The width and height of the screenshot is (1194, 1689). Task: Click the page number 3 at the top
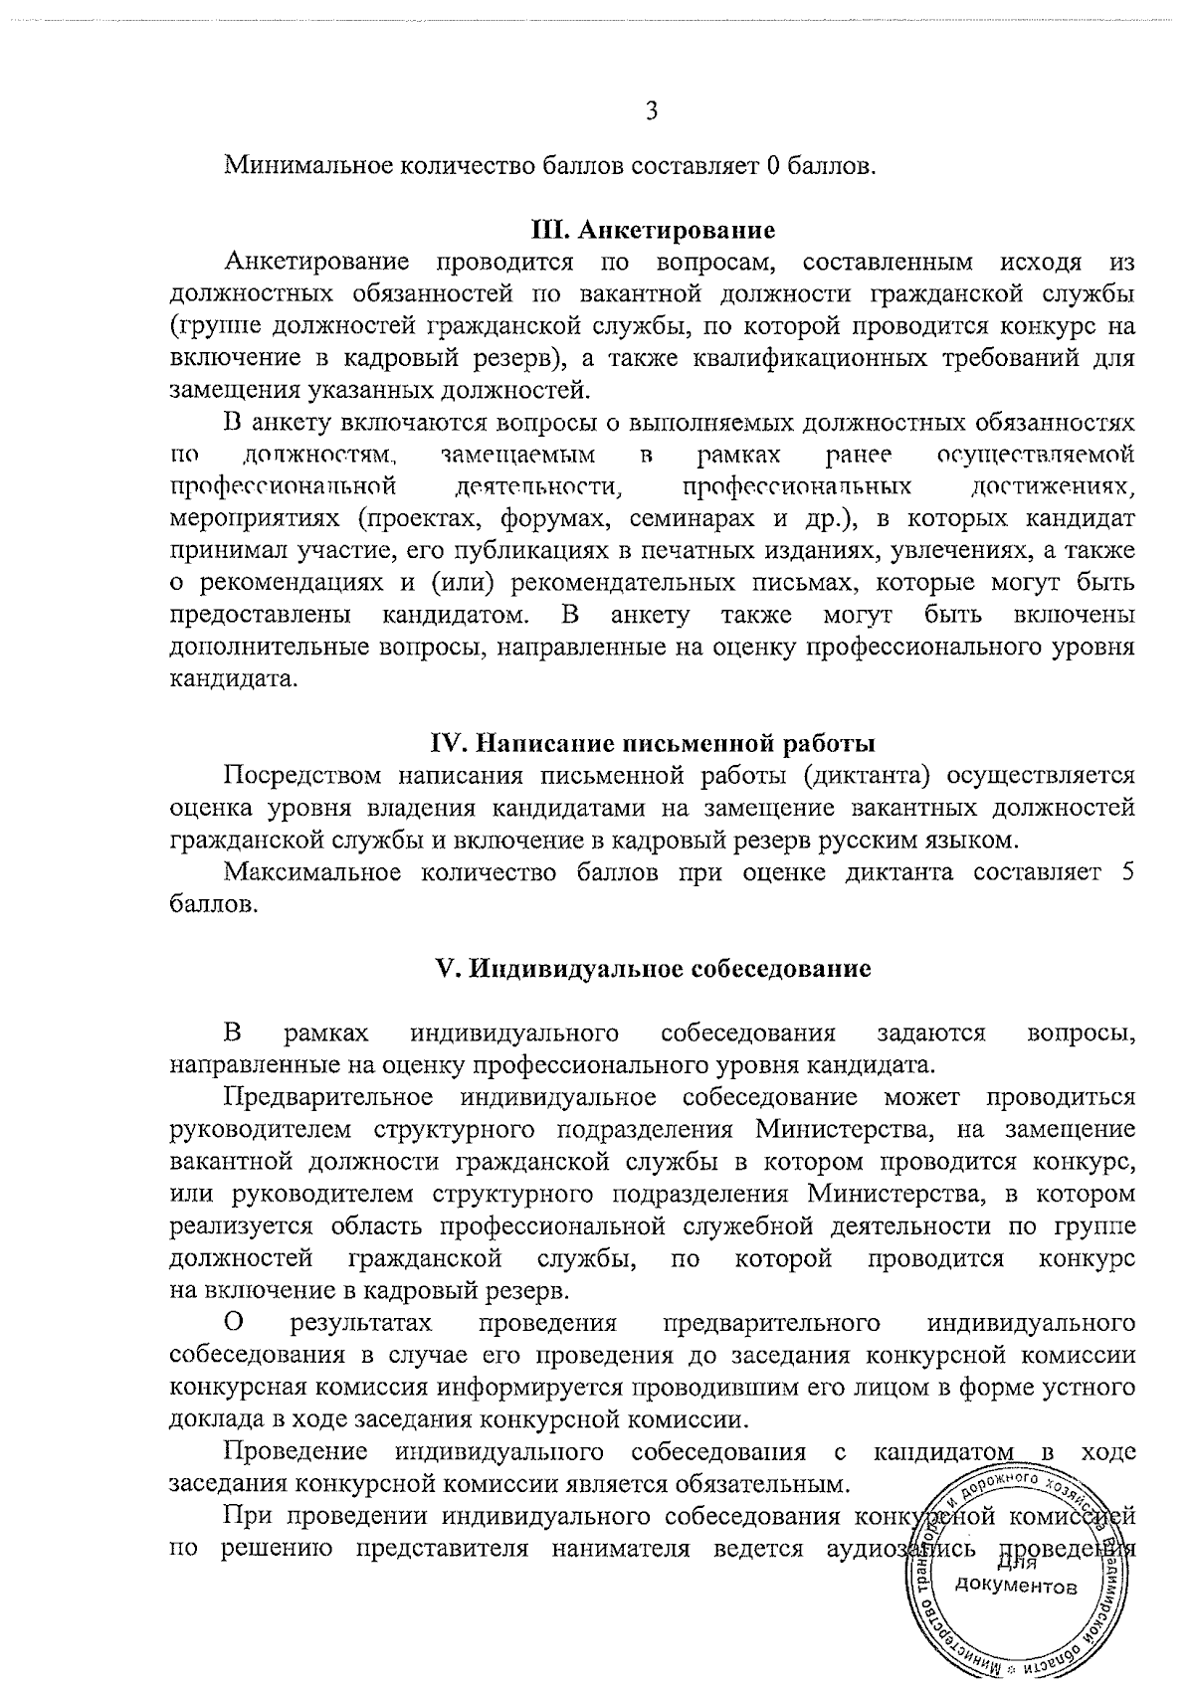[651, 111]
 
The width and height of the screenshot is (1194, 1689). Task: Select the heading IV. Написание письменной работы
[653, 743]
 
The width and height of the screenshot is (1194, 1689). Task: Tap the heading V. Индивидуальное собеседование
[654, 968]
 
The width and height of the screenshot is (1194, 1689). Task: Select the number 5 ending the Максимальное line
[1126, 872]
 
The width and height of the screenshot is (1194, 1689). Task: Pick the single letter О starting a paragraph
[234, 1323]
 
